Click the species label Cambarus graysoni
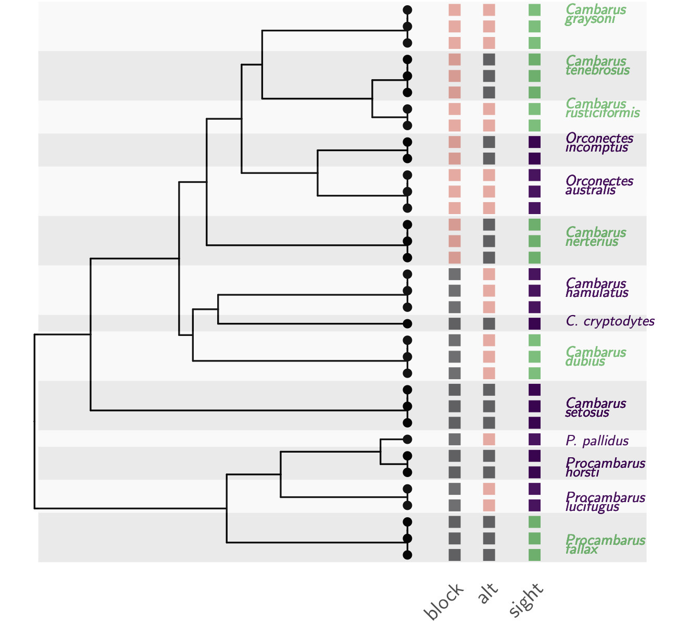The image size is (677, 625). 596,15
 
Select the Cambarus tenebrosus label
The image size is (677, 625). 597,66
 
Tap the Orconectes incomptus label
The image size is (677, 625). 599,143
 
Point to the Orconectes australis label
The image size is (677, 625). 599,185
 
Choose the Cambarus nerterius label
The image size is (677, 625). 596,236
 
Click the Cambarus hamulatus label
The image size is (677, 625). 597,288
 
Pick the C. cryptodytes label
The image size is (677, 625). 610,321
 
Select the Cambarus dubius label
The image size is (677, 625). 596,357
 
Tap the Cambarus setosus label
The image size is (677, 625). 596,408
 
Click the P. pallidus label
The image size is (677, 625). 597,441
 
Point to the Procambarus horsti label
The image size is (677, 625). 605,468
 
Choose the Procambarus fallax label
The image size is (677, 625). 605,545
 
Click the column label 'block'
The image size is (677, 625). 444,602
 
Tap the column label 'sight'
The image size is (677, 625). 526,600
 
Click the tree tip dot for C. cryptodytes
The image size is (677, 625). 407,323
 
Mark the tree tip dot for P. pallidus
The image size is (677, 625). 407,439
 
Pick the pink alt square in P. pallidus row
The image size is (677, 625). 488,439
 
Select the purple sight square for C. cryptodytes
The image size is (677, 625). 534,323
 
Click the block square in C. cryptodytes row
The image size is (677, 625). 455,323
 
